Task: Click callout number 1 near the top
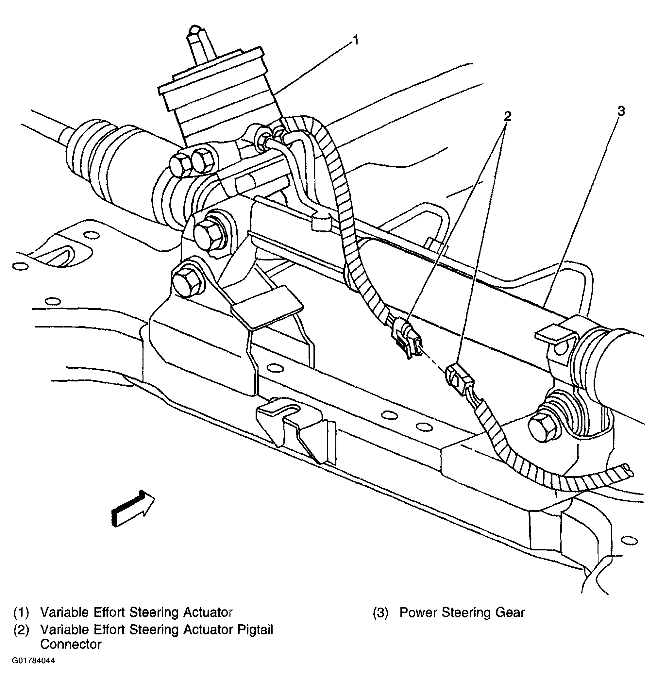pyautogui.click(x=356, y=40)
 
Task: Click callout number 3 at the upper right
pyautogui.click(x=621, y=112)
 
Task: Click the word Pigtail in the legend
pyautogui.click(x=255, y=629)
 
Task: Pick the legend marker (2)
pyautogui.click(x=21, y=630)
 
